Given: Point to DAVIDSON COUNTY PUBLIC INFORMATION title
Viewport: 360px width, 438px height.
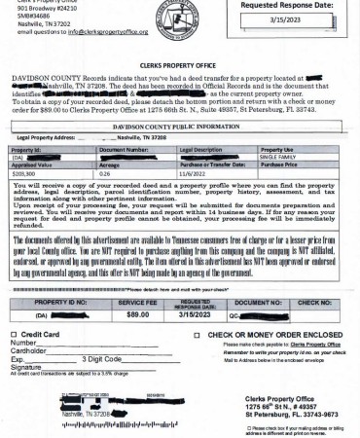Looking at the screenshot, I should click(179, 127).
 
